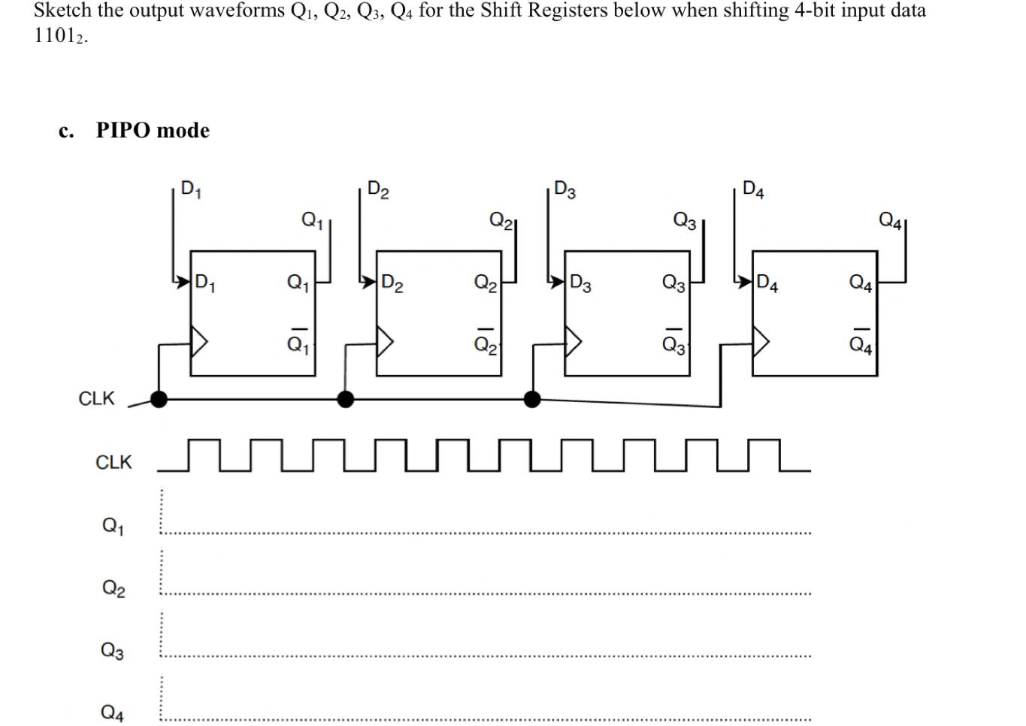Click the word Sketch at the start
pos(62,11)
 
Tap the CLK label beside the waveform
pos(113,462)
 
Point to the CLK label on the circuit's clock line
pos(96,398)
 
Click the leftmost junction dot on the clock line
pos(159,399)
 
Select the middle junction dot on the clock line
pos(345,399)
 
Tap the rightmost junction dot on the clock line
pos(531,399)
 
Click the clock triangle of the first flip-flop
pos(199,342)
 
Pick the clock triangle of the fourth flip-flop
pos(761,342)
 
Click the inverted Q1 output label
pos(298,343)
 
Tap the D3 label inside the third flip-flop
pos(580,283)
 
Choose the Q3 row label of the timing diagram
pos(113,650)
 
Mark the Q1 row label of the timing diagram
pos(113,525)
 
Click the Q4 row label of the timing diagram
pos(113,712)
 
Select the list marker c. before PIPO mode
pos(66,131)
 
